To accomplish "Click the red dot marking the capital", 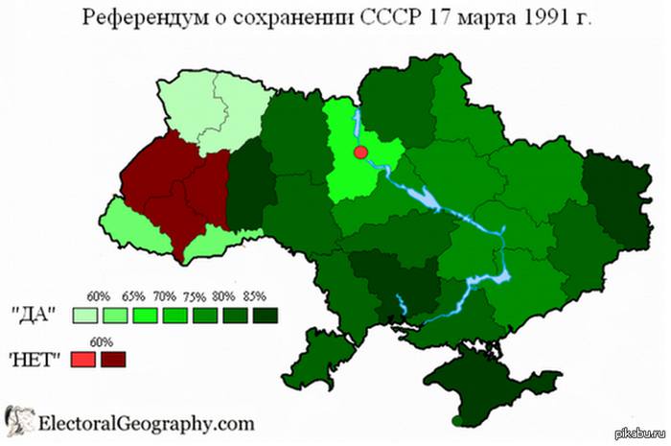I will pos(361,153).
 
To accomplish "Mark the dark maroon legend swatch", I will pos(114,359).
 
